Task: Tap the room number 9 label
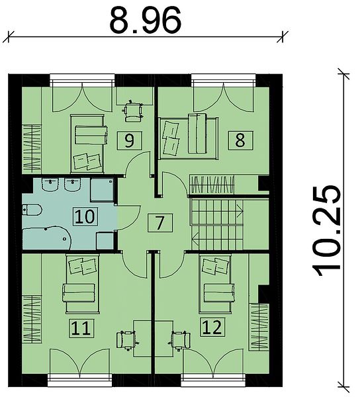tap(129, 140)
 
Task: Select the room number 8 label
tap(240, 140)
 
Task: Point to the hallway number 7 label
tap(159, 222)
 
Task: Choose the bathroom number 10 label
tap(85, 216)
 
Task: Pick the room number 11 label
tap(81, 328)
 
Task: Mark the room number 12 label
tap(212, 327)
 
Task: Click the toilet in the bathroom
tap(32, 210)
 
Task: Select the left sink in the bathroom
tap(50, 185)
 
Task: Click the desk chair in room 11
tap(127, 339)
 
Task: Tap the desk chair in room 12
tap(180, 340)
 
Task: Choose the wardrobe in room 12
tap(259, 327)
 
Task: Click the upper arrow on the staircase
tap(240, 210)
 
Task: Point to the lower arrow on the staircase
tap(196, 239)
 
